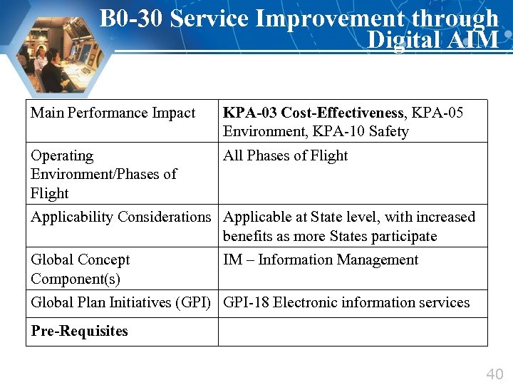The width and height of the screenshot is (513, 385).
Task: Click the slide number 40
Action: [494, 374]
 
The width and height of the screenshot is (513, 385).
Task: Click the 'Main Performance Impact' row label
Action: [113, 113]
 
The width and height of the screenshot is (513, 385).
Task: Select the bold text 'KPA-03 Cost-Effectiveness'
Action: [313, 113]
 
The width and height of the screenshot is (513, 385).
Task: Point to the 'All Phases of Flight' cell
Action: [285, 155]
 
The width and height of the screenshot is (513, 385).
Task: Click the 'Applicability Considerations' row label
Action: [121, 217]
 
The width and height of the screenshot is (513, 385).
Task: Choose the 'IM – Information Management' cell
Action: [321, 260]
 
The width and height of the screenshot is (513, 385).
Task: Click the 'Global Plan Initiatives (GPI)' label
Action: [120, 302]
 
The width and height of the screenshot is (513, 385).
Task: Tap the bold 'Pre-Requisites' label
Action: [79, 331]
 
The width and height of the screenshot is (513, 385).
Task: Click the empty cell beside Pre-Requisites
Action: [352, 332]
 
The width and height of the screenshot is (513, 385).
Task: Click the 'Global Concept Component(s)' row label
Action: [80, 269]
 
